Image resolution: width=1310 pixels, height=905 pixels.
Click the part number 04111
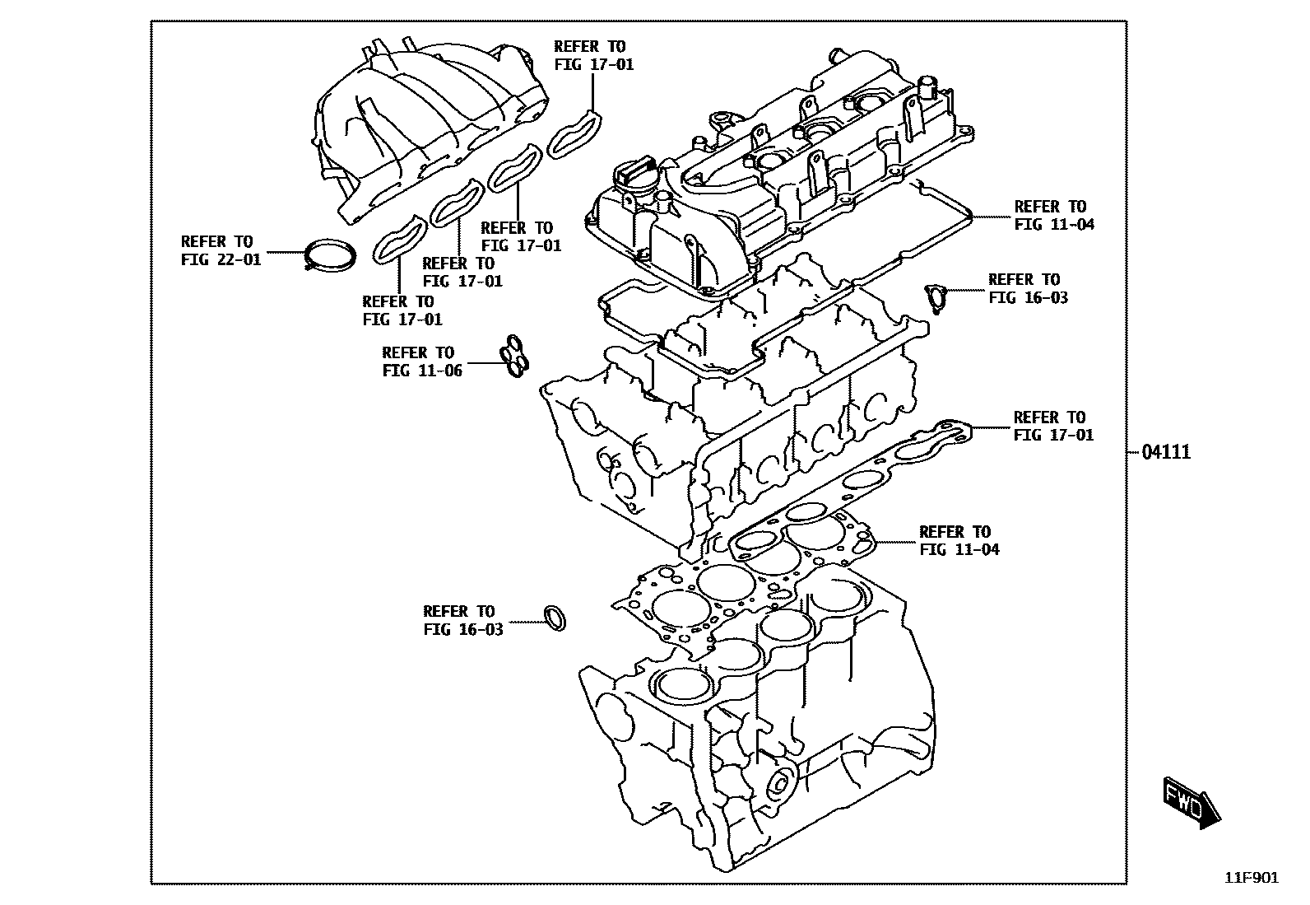pyautogui.click(x=1165, y=452)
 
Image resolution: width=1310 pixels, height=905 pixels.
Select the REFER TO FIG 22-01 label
pyautogui.click(x=221, y=250)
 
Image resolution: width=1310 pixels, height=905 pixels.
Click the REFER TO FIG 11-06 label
pyautogui.click(x=422, y=362)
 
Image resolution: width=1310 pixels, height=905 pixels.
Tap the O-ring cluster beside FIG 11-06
pyautogui.click(x=515, y=359)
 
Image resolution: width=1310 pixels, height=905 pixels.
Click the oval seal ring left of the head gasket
pyautogui.click(x=555, y=618)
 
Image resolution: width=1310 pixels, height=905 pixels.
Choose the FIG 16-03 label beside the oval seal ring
pyautogui.click(x=462, y=620)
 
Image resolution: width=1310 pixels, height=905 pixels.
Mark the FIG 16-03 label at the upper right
pyautogui.click(x=1028, y=288)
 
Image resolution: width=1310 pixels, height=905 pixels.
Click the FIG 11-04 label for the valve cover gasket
pyautogui.click(x=1054, y=215)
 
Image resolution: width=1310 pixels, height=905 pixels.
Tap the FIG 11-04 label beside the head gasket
pyautogui.click(x=959, y=540)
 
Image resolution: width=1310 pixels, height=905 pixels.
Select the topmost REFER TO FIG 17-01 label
pyautogui.click(x=593, y=55)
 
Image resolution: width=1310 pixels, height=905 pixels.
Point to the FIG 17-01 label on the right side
pyautogui.click(x=1053, y=426)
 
